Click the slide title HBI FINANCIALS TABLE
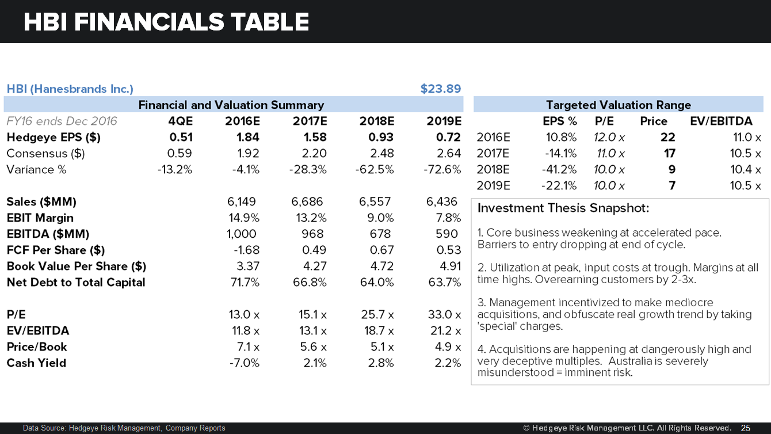(x=166, y=22)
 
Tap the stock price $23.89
(x=440, y=89)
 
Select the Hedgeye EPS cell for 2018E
(x=381, y=138)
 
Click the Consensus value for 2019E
(x=449, y=154)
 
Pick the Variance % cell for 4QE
(x=174, y=170)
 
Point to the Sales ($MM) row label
(x=41, y=202)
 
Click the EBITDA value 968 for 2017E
(x=313, y=234)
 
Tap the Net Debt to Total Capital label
(x=76, y=283)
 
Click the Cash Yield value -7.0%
(x=245, y=363)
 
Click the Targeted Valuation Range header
(x=618, y=105)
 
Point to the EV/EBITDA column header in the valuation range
(x=721, y=121)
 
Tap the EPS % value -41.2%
(x=559, y=170)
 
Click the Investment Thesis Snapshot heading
(x=563, y=208)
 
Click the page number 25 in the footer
(x=746, y=428)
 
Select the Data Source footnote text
(x=124, y=428)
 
